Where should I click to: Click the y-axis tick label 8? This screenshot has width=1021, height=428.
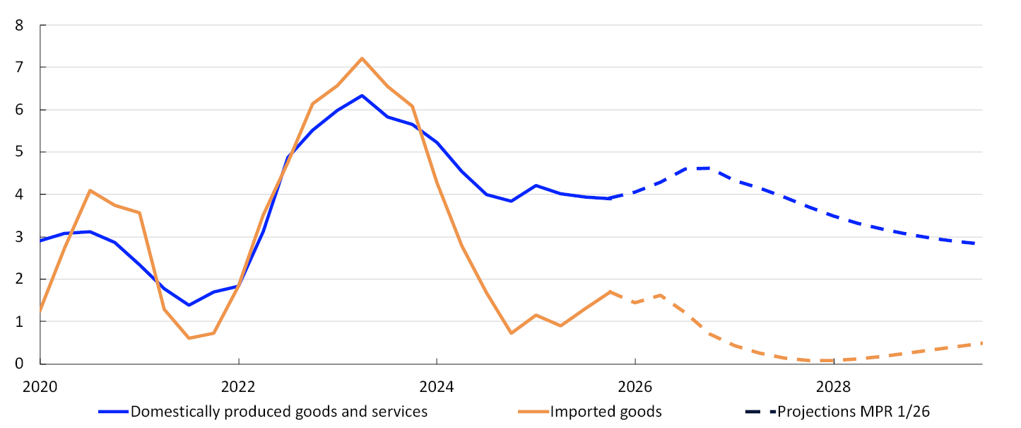coord(19,25)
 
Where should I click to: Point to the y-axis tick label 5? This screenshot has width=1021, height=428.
coord(19,152)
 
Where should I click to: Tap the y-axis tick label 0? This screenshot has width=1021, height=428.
coord(19,364)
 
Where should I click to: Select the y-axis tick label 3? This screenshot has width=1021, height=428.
coord(19,237)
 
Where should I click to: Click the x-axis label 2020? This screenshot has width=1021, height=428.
coord(40,388)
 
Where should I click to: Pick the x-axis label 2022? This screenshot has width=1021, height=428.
coord(239,388)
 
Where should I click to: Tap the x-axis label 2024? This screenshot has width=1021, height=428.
coord(437,388)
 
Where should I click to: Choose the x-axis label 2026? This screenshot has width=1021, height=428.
coord(635,388)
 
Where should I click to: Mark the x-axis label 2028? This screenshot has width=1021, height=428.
coord(834,388)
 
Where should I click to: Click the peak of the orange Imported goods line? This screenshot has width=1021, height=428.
coord(362,58)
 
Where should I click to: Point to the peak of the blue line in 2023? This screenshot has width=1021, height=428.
coord(362,96)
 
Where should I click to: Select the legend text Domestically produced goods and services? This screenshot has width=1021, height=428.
coord(279,411)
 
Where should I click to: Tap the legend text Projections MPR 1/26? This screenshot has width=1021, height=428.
coord(859,411)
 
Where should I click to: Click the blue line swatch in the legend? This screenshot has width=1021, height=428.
coord(112,411)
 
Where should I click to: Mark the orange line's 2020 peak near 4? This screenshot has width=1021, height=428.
coord(90,190)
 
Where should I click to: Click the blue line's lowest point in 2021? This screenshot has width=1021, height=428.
coord(189,305)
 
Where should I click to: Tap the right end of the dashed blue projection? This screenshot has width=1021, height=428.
coord(981,244)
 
